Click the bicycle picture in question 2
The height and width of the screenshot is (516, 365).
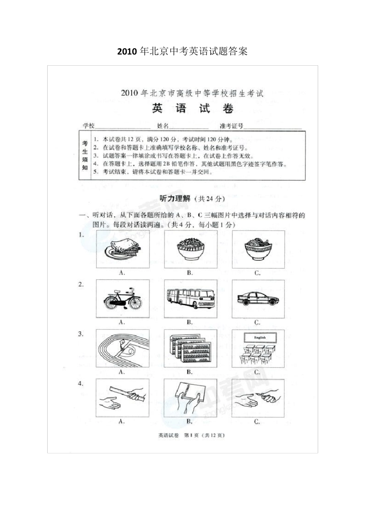coord(123,299)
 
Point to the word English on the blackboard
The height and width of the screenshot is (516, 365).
coord(260,337)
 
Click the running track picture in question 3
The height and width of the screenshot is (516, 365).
coord(123,348)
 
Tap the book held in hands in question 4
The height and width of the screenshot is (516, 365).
coord(188,395)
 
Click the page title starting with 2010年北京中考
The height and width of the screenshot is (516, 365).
coord(182,51)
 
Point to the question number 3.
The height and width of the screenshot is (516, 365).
coord(81,334)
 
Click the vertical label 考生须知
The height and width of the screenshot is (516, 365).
coord(85,155)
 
